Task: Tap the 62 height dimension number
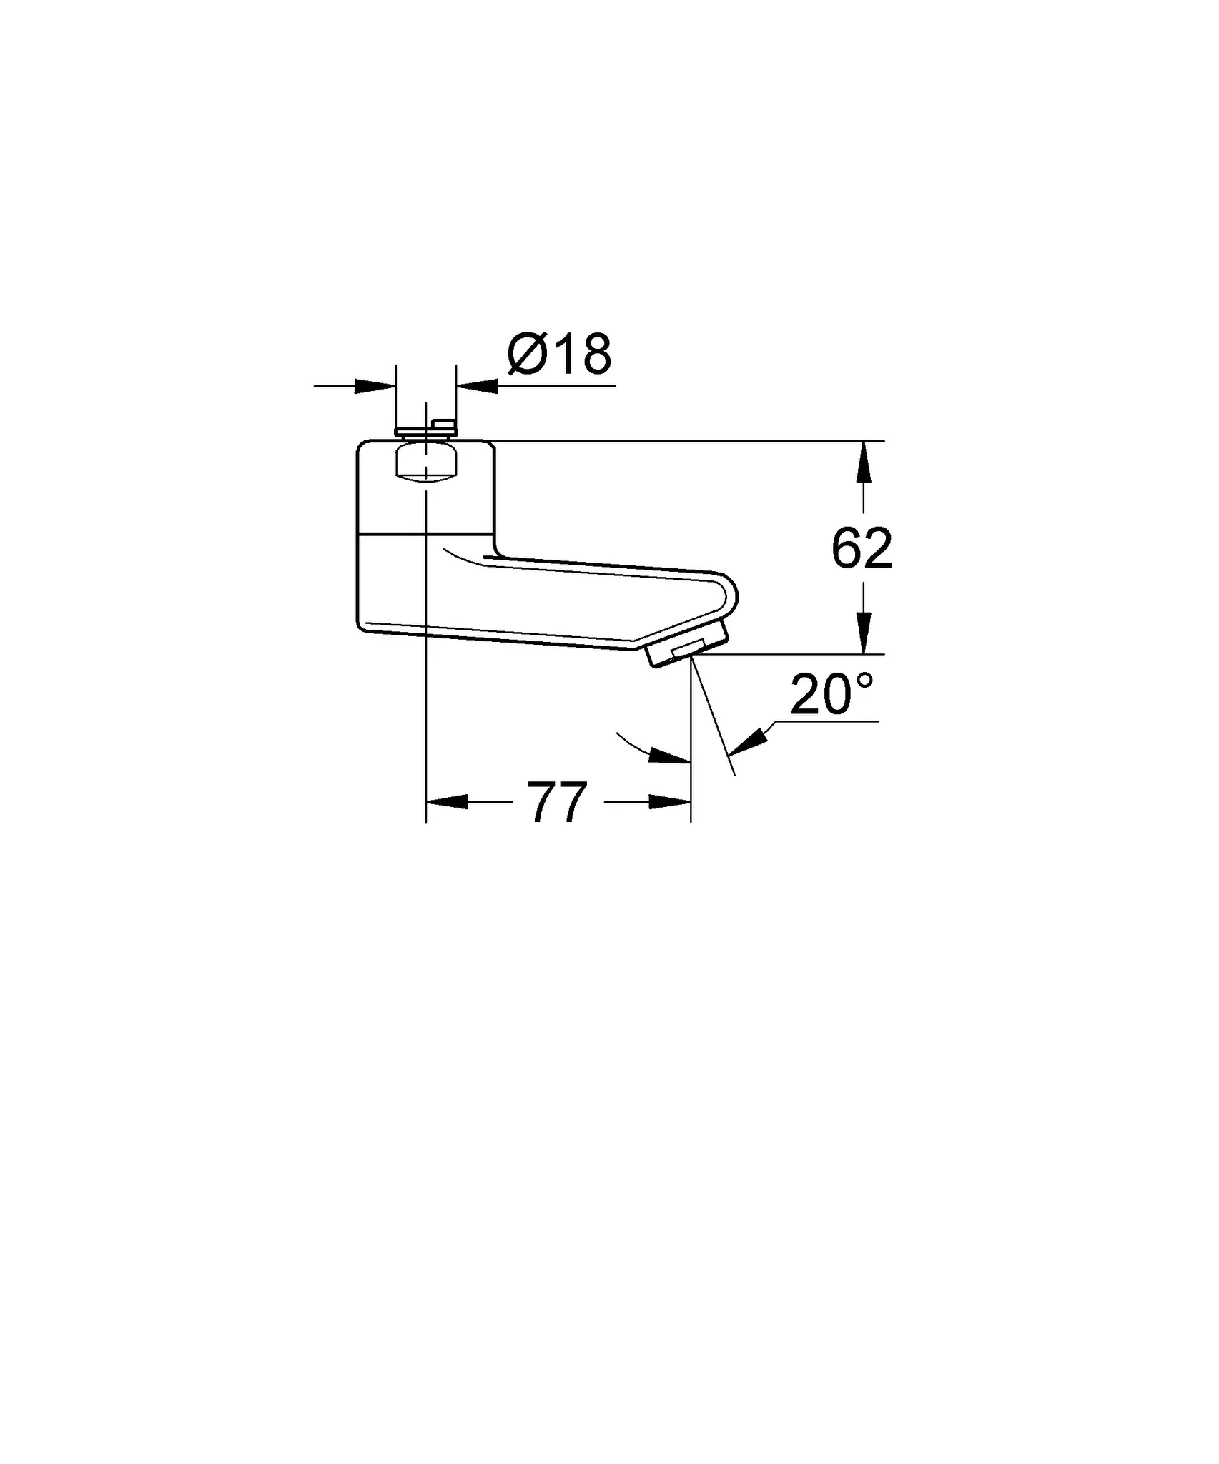(x=862, y=548)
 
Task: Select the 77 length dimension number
(x=558, y=802)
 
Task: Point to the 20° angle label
(x=832, y=693)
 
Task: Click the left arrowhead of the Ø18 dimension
(x=375, y=386)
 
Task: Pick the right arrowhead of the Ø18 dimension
(x=477, y=386)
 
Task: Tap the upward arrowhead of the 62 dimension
(x=864, y=462)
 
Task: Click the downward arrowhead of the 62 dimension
(x=864, y=633)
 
